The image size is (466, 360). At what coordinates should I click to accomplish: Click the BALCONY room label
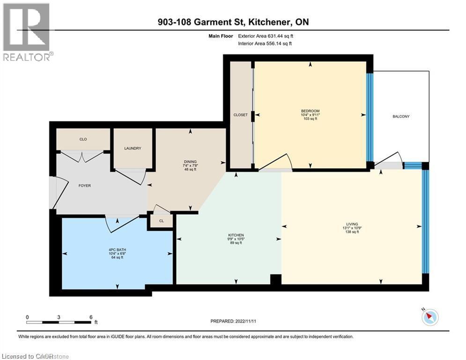click(400, 116)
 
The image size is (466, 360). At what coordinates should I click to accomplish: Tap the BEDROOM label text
click(310, 111)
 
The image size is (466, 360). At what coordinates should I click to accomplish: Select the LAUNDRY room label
click(133, 149)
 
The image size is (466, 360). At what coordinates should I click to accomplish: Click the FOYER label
click(84, 186)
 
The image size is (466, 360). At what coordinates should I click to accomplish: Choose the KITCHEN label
click(236, 235)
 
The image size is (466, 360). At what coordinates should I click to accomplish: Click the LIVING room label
click(352, 224)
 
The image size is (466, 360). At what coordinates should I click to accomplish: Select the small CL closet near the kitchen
click(161, 221)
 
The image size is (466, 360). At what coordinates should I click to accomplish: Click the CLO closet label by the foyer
click(83, 139)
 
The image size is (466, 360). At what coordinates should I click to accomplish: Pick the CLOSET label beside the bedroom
click(240, 115)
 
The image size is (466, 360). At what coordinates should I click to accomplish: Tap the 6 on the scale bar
click(90, 317)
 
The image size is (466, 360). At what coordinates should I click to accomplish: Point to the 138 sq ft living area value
click(352, 232)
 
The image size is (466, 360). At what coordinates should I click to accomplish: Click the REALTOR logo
click(27, 32)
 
